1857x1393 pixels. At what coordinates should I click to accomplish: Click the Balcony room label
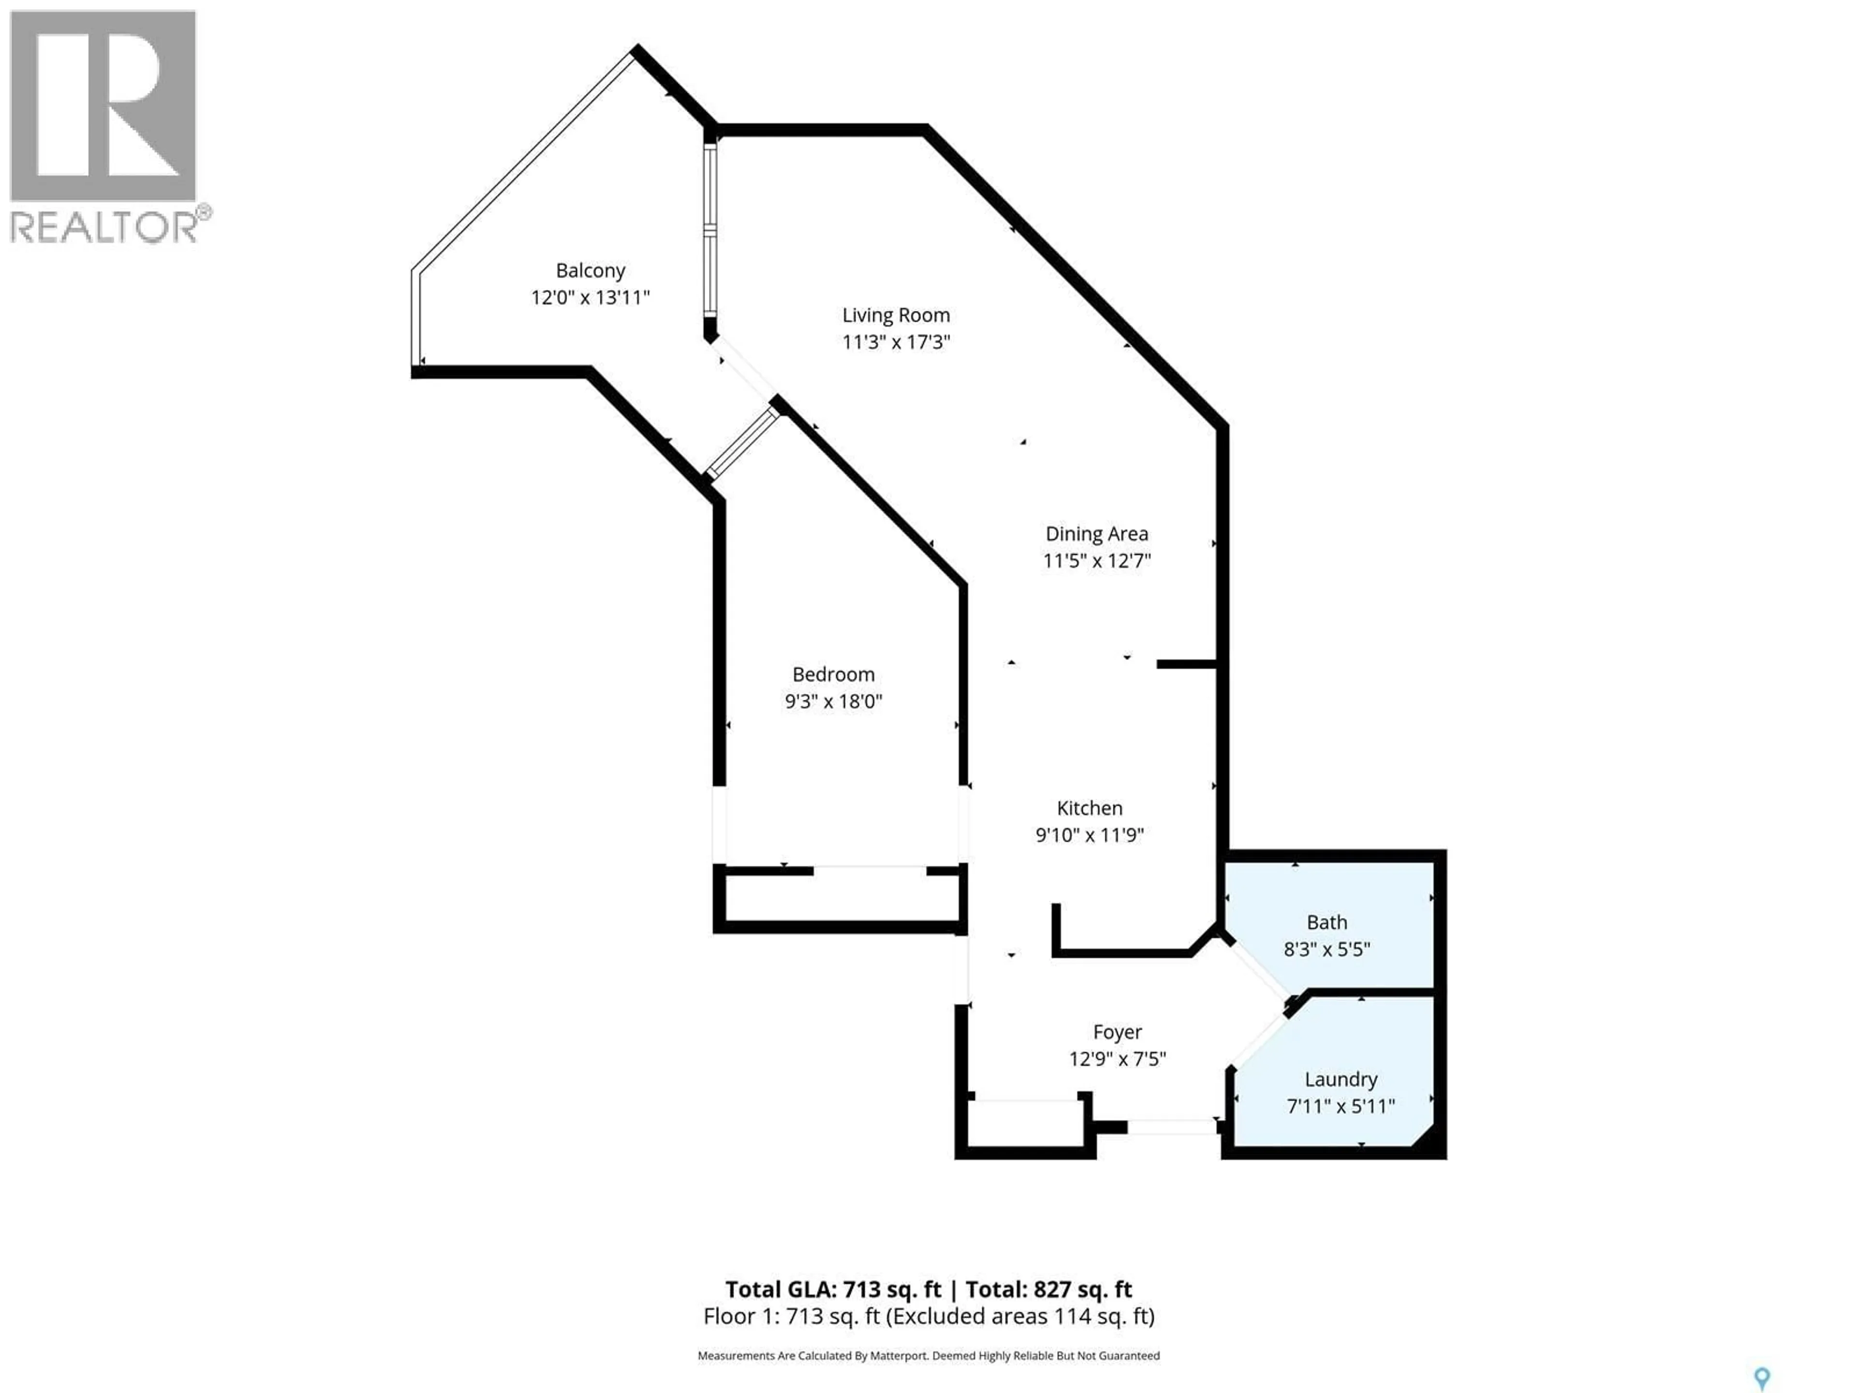tap(590, 270)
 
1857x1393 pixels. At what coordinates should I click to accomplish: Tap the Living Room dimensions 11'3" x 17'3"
tap(896, 342)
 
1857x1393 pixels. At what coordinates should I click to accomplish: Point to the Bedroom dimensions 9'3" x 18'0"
tap(833, 701)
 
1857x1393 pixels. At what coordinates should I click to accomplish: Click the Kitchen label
tap(1089, 808)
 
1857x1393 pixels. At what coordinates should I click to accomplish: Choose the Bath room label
tap(1326, 922)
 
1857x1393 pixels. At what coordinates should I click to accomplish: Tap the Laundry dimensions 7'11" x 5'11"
tap(1341, 1106)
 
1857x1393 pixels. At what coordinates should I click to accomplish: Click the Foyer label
tap(1117, 1032)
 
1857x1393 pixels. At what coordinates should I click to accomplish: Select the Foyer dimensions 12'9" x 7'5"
tap(1117, 1059)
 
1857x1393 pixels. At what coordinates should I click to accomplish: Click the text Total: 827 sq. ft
tap(1048, 1289)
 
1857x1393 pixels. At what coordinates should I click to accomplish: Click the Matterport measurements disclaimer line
tap(928, 1355)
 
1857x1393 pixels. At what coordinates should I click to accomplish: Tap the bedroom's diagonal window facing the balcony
tap(742, 443)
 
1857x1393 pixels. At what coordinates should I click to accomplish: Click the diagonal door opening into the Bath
tap(1257, 968)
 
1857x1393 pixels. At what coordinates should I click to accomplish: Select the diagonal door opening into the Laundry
tap(1257, 1042)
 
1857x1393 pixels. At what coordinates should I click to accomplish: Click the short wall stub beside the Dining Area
tap(1185, 664)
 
